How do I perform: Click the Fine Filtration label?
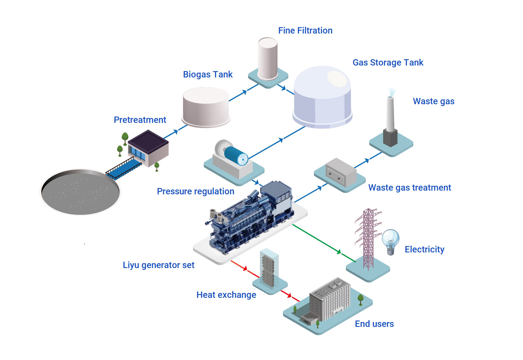305,31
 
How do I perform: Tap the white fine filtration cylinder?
267,58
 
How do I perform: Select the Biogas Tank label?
208,74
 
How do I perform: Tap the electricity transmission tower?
368,238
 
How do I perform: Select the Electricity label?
424,249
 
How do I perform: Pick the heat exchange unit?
269,268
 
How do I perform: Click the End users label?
374,324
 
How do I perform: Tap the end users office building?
330,300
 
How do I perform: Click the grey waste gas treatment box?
340,172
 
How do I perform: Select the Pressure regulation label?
195,191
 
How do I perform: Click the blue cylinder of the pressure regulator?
236,156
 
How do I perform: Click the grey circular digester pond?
80,192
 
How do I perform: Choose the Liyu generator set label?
158,265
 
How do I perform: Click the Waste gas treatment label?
410,188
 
